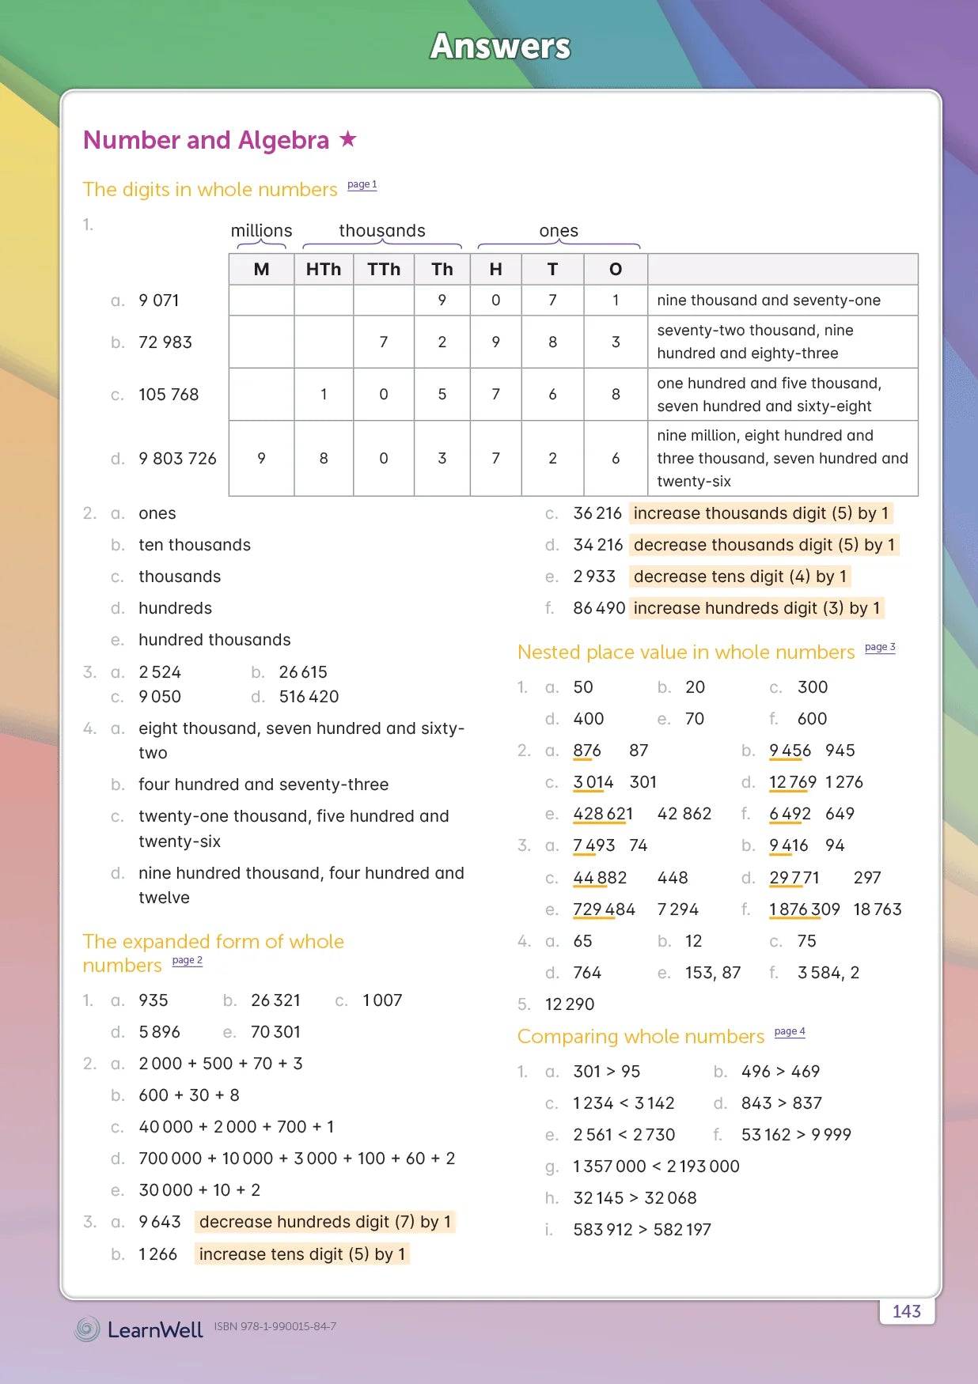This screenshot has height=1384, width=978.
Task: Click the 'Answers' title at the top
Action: pos(500,46)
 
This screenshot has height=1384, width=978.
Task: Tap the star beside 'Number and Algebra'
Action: pos(347,139)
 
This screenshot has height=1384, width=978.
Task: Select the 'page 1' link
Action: pos(362,184)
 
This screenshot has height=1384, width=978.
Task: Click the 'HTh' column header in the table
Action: pos(323,270)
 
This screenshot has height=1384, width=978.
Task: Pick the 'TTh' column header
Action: pos(384,270)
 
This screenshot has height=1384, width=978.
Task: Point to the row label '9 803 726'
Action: pos(177,459)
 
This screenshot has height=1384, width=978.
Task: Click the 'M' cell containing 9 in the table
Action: pos(261,459)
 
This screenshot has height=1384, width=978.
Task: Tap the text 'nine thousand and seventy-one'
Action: pos(768,301)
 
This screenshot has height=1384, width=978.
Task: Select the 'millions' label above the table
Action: pos(261,231)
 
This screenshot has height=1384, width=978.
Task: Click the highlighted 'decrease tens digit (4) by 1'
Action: pos(740,577)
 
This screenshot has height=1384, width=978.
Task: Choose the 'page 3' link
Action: pos(880,647)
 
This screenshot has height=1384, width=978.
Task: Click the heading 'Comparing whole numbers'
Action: pos(640,1036)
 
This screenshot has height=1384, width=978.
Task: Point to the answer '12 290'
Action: pos(570,1004)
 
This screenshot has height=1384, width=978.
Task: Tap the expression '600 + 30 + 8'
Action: pos(189,1095)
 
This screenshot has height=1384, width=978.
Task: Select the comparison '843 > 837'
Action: pos(782,1103)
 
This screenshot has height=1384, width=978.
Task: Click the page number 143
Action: pos(906,1311)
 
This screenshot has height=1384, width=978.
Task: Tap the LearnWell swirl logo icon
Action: pos(87,1329)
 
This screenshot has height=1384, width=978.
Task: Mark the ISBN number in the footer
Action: pos(275,1326)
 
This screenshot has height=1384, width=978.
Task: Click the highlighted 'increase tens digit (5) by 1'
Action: pos(301,1254)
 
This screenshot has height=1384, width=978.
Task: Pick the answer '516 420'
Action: pos(309,697)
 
